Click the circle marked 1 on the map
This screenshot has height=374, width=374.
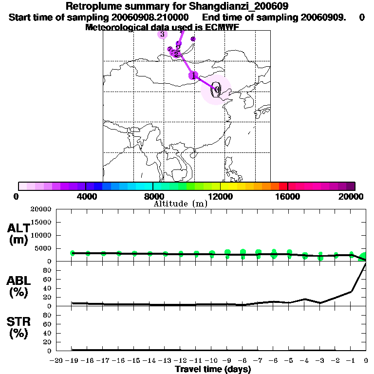coord(194,75)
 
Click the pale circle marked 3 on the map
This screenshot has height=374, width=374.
coord(162,34)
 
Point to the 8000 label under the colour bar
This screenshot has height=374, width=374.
coord(153,196)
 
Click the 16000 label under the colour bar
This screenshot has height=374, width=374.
coord(287,196)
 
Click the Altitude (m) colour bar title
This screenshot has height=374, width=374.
coord(180,204)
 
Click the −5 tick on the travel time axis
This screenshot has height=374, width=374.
coord(289,360)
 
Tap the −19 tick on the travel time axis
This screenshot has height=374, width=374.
coord(72,360)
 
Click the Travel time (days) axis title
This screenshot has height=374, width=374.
coord(213,369)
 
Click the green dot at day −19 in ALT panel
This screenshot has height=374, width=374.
coord(73,253)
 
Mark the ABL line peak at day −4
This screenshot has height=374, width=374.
coord(305,299)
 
